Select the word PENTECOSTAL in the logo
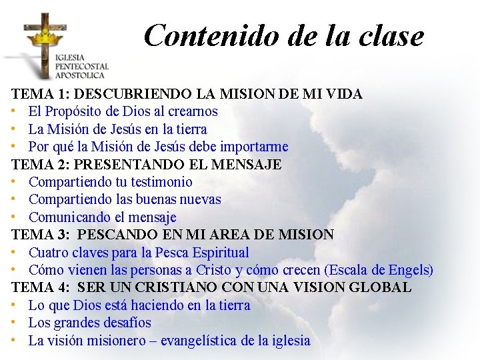click(82, 66)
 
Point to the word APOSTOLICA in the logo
click(81, 75)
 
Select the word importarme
click(257, 147)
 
